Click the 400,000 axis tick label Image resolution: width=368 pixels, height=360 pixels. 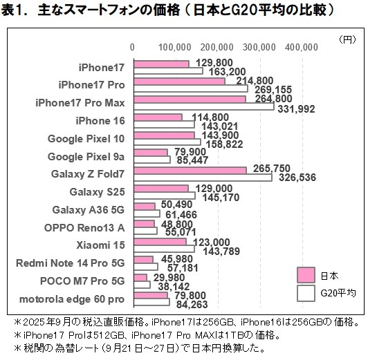click(x=300, y=47)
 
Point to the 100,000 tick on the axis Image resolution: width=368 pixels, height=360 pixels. click(x=174, y=47)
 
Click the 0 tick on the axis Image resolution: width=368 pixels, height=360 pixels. click(x=133, y=47)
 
